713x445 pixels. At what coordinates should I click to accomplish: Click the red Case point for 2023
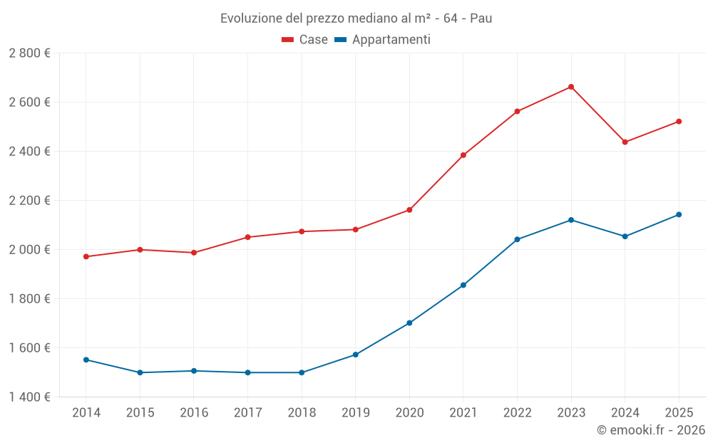pos(571,87)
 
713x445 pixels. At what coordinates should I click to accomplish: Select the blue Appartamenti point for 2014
pos(86,360)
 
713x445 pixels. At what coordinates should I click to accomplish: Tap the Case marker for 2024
pos(625,142)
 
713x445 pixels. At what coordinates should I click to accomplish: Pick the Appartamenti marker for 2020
pos(409,323)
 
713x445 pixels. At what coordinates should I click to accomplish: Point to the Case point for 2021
pos(463,155)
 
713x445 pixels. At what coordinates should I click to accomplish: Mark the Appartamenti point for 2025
pos(679,214)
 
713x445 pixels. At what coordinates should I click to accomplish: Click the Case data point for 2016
pos(194,253)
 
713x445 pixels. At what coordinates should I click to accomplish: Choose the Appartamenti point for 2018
pos(302,372)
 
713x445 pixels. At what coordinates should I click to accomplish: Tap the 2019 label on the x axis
pos(355,412)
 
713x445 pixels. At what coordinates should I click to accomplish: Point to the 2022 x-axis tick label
pos(517,412)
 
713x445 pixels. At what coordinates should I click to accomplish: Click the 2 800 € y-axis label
pos(29,53)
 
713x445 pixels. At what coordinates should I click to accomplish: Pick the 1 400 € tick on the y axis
pos(29,397)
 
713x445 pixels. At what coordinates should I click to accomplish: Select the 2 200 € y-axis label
pos(29,201)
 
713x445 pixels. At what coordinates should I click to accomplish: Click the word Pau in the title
pos(481,19)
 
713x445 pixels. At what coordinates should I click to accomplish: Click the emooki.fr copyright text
pos(650,430)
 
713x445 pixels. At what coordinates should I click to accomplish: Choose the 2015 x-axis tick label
pos(140,412)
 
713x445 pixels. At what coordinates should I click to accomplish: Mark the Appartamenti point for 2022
pos(517,239)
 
